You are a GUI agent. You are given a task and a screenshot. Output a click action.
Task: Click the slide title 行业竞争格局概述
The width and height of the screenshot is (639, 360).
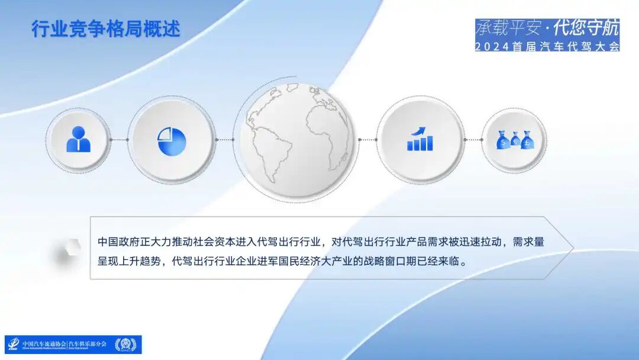(x=105, y=28)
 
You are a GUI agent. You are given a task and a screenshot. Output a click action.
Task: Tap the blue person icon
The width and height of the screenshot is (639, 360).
(x=79, y=140)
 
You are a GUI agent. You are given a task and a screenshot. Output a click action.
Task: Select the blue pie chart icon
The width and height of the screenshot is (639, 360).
(x=172, y=142)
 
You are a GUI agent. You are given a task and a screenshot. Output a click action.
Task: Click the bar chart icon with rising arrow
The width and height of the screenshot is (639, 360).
(x=419, y=140)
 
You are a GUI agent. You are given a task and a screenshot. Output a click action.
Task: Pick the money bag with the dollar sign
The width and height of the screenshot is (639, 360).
(x=503, y=141)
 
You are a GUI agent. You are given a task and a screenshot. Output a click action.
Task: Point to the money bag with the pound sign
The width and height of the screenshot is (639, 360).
(x=528, y=140)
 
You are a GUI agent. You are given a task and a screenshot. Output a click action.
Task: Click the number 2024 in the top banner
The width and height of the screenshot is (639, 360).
(x=492, y=47)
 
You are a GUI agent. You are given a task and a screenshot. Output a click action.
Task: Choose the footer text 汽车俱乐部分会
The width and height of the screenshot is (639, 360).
(x=88, y=344)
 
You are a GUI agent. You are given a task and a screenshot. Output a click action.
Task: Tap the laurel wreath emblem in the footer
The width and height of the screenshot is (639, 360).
(x=125, y=345)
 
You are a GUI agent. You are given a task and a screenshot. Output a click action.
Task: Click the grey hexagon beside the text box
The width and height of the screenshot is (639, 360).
(x=69, y=252)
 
